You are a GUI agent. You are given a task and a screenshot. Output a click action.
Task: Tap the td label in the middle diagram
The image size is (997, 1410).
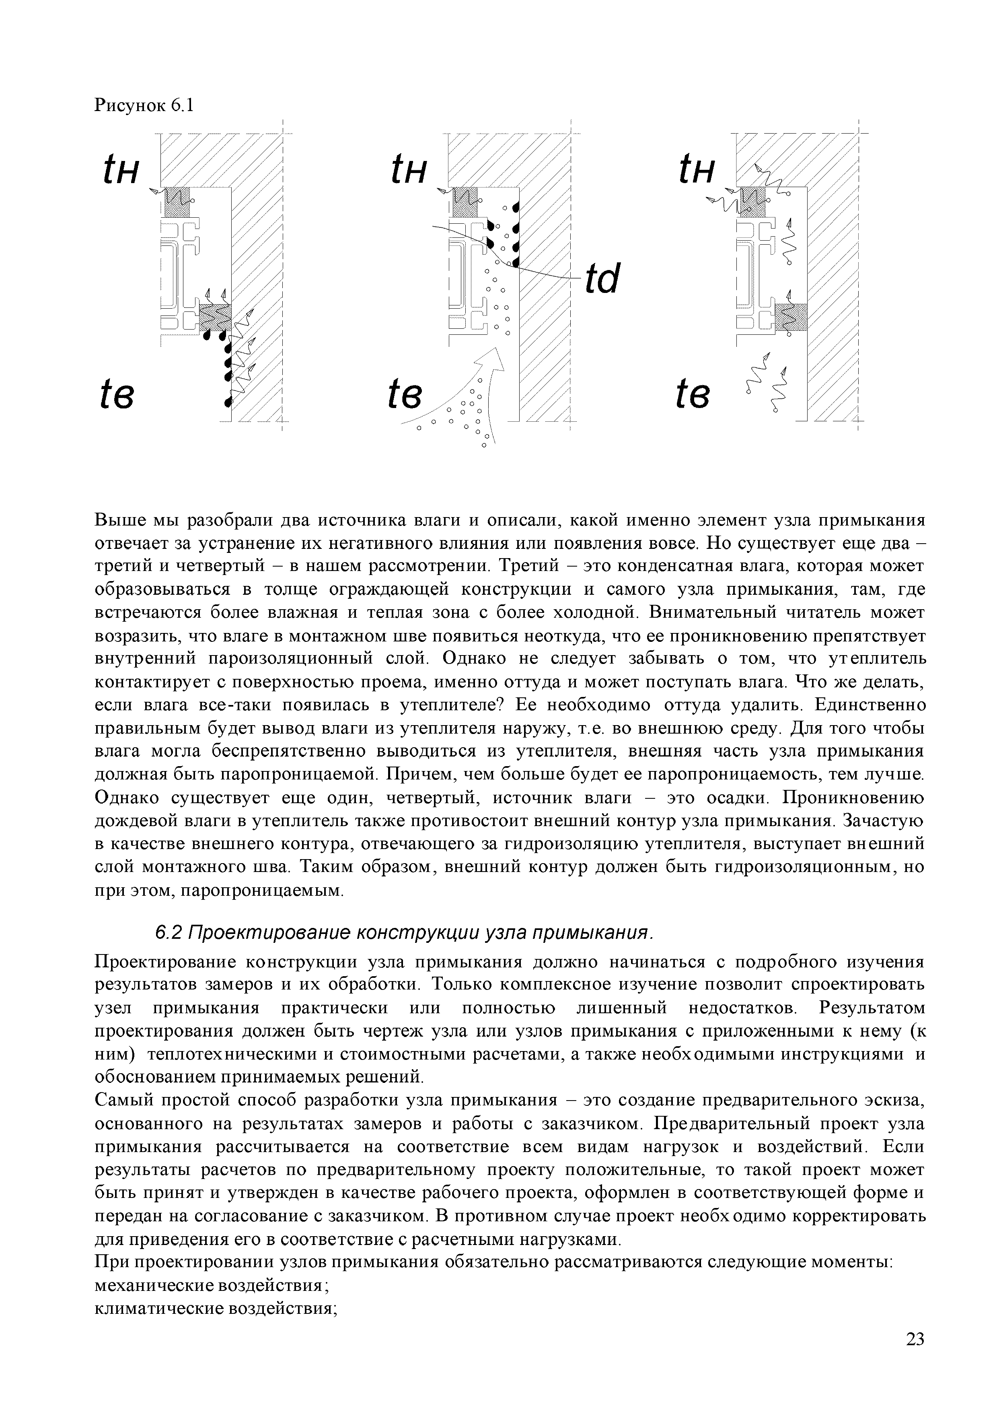[602, 279]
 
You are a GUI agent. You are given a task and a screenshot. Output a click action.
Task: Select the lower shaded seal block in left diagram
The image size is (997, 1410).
[215, 318]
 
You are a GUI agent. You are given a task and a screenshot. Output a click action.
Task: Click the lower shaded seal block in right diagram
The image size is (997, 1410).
[790, 318]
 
